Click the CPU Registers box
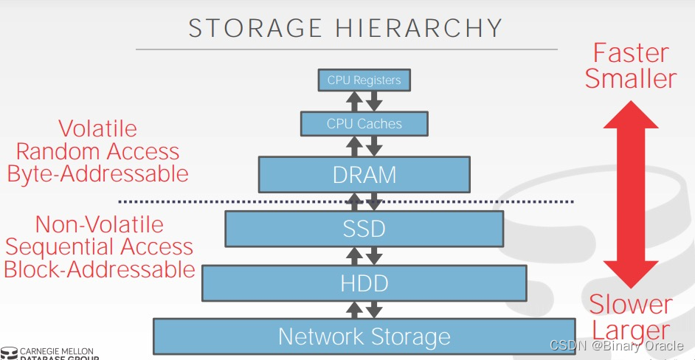coord(364,80)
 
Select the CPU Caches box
coord(364,123)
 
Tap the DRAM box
coord(364,175)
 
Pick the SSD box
coord(364,228)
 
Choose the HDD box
coord(364,283)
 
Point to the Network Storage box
coord(364,336)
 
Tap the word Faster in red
coord(632,53)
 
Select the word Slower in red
coord(631,305)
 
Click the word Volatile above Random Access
coord(98,129)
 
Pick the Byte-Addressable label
coord(98,174)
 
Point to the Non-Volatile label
coord(100,224)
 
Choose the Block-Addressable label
coord(100,269)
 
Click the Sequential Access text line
coord(100,247)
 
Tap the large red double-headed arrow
coord(631,194)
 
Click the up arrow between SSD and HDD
coord(355,256)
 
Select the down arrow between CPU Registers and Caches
coord(374,101)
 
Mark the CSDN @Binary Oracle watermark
coord(617,345)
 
